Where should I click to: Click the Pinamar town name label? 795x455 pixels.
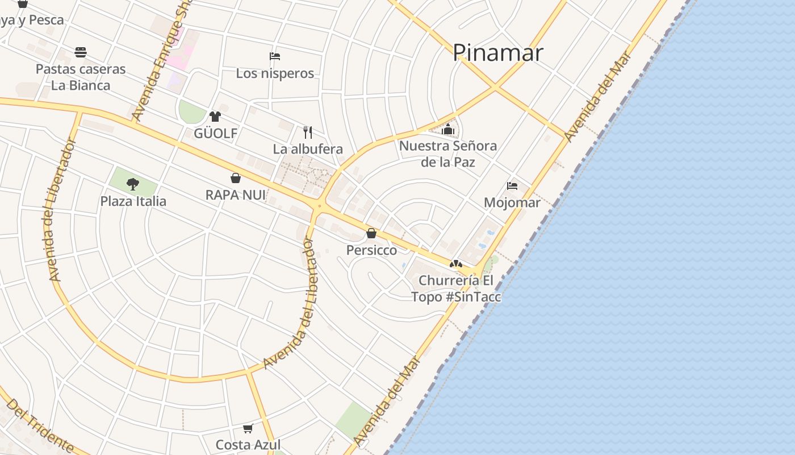pos(497,53)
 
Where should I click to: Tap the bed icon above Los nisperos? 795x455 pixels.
pos(275,56)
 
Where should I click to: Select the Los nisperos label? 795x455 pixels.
pos(275,73)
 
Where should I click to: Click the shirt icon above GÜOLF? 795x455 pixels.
pos(215,117)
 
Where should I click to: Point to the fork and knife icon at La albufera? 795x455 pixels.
pos(308,133)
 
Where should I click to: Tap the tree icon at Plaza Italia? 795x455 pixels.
pos(133,184)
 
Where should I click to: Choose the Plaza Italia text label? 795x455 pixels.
pos(133,201)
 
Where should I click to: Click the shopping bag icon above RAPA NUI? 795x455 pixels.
pos(236,178)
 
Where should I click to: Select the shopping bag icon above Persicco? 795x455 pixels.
pos(371,233)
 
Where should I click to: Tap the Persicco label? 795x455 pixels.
pos(371,250)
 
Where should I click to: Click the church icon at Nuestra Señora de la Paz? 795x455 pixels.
pos(448,129)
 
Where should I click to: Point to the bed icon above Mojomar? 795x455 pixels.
pos(512,185)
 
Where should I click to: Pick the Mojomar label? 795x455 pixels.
pos(512,202)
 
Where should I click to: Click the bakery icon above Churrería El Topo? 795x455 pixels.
pos(455,264)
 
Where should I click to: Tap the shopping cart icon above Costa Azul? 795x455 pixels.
pos(248,428)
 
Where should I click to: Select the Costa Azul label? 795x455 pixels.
pos(248,445)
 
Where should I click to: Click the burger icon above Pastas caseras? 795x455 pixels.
pos(81,52)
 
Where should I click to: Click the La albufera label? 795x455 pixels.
pos(308,149)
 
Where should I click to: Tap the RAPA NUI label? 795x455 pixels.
pos(236,195)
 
